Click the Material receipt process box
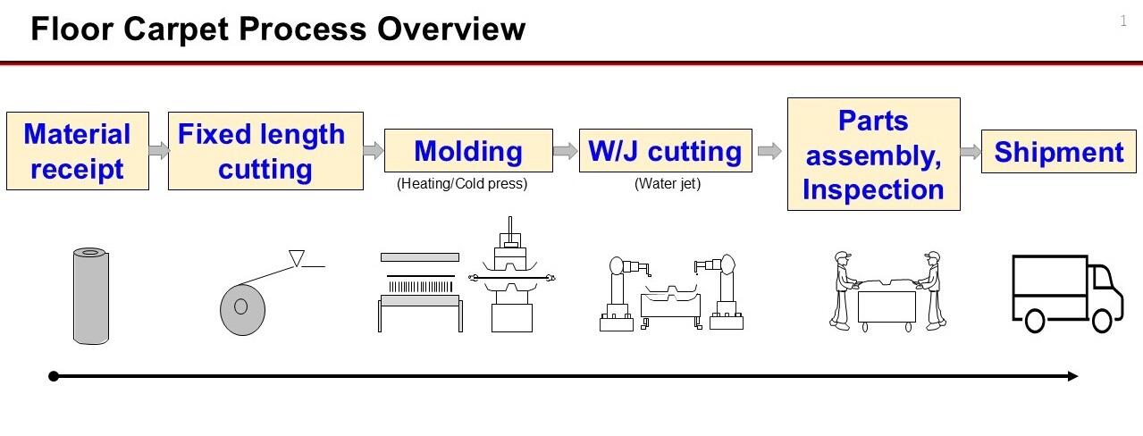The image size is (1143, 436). (x=78, y=151)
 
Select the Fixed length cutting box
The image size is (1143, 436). (x=265, y=151)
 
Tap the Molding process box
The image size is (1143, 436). (x=468, y=151)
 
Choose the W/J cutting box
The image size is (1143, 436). (x=664, y=151)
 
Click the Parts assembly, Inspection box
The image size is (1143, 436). (x=873, y=155)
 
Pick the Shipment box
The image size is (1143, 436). (x=1059, y=152)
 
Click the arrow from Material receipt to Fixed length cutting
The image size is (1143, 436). (x=158, y=151)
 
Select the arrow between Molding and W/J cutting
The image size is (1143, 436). (x=565, y=151)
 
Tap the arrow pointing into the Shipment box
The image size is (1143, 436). (x=971, y=152)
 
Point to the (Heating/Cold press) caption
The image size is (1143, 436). (x=462, y=185)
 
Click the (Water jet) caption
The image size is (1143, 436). (x=668, y=185)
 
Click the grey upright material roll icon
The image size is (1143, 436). (x=90, y=296)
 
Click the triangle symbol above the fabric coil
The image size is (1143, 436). (x=298, y=259)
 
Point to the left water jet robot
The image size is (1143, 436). (x=619, y=293)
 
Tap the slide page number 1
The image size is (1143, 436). (x=1123, y=21)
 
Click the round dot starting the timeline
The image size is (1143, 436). (x=54, y=376)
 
